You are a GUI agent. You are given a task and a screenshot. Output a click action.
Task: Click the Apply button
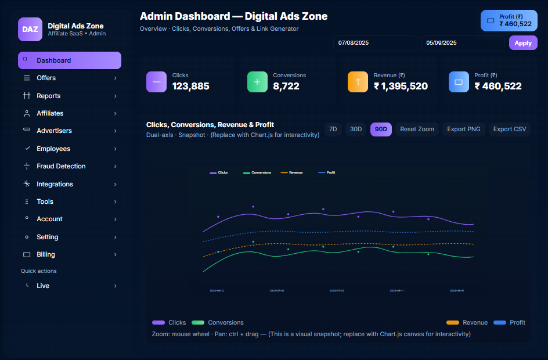coord(523,43)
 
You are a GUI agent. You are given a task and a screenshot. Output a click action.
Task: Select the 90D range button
coord(381,129)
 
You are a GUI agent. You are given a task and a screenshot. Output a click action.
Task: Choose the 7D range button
coord(333,129)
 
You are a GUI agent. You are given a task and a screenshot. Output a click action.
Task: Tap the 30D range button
coord(355,129)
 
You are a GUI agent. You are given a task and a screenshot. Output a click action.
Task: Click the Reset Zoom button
coord(417,129)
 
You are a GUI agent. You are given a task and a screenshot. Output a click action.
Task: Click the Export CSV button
coord(509,129)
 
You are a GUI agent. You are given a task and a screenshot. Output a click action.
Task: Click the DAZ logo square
coord(30,29)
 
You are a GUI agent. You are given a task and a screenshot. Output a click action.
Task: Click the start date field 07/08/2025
coord(374,43)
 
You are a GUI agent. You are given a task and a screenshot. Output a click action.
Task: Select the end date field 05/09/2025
coord(463,43)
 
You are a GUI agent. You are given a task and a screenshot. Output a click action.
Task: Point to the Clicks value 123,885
coord(190,87)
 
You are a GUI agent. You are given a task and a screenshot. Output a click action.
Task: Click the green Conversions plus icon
coord(257,82)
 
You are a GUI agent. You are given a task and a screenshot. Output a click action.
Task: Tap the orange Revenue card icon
coord(358,82)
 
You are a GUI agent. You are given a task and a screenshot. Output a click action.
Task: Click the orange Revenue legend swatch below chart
coord(453,322)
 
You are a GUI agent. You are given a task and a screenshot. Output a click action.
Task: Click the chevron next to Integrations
coord(115,184)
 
